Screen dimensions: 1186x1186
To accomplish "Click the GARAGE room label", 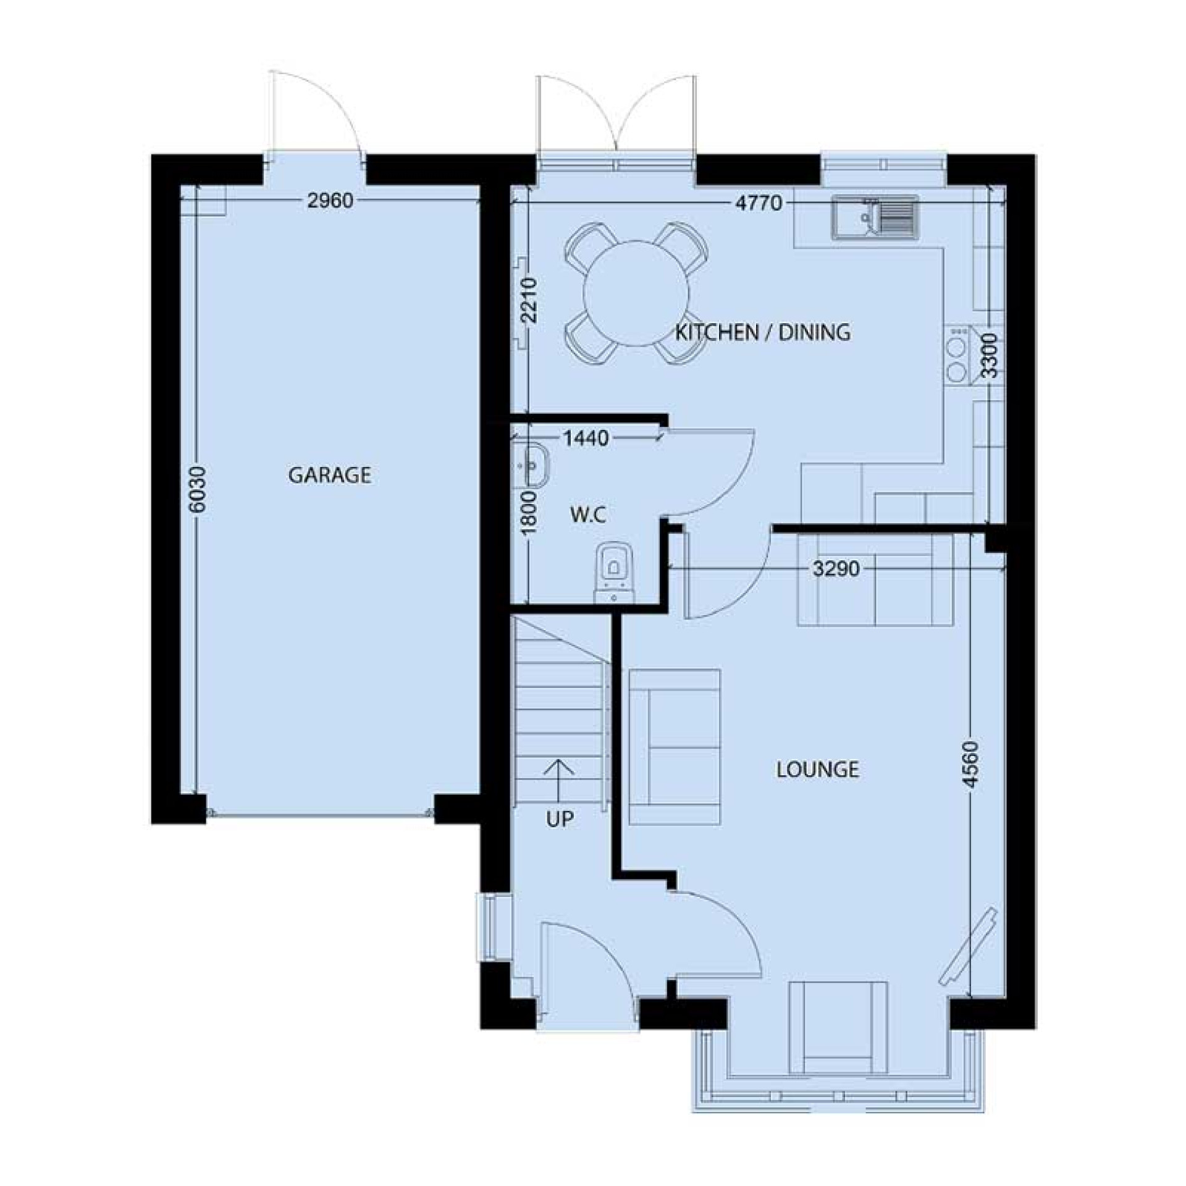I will click(x=330, y=475).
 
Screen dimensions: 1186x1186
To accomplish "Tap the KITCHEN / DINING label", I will click(x=762, y=332).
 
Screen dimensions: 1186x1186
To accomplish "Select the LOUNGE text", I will click(x=817, y=769).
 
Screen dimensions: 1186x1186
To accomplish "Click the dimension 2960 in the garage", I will click(x=330, y=201).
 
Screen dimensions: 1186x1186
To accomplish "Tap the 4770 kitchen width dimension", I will click(x=759, y=203).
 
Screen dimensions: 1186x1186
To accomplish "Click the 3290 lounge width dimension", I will click(x=836, y=568).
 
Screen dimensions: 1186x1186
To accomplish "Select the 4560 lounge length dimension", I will click(x=972, y=764).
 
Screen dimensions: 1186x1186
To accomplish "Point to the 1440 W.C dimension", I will click(x=586, y=439).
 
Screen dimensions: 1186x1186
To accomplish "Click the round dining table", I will click(x=636, y=293).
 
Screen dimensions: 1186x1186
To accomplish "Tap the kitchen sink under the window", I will click(x=875, y=217).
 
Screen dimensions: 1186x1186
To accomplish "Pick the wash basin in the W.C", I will click(x=531, y=463).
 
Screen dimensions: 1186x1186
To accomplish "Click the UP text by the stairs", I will click(x=560, y=819).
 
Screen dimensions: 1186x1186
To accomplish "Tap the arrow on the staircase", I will click(x=560, y=780).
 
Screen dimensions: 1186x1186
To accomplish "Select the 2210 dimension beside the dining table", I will click(x=529, y=301).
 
